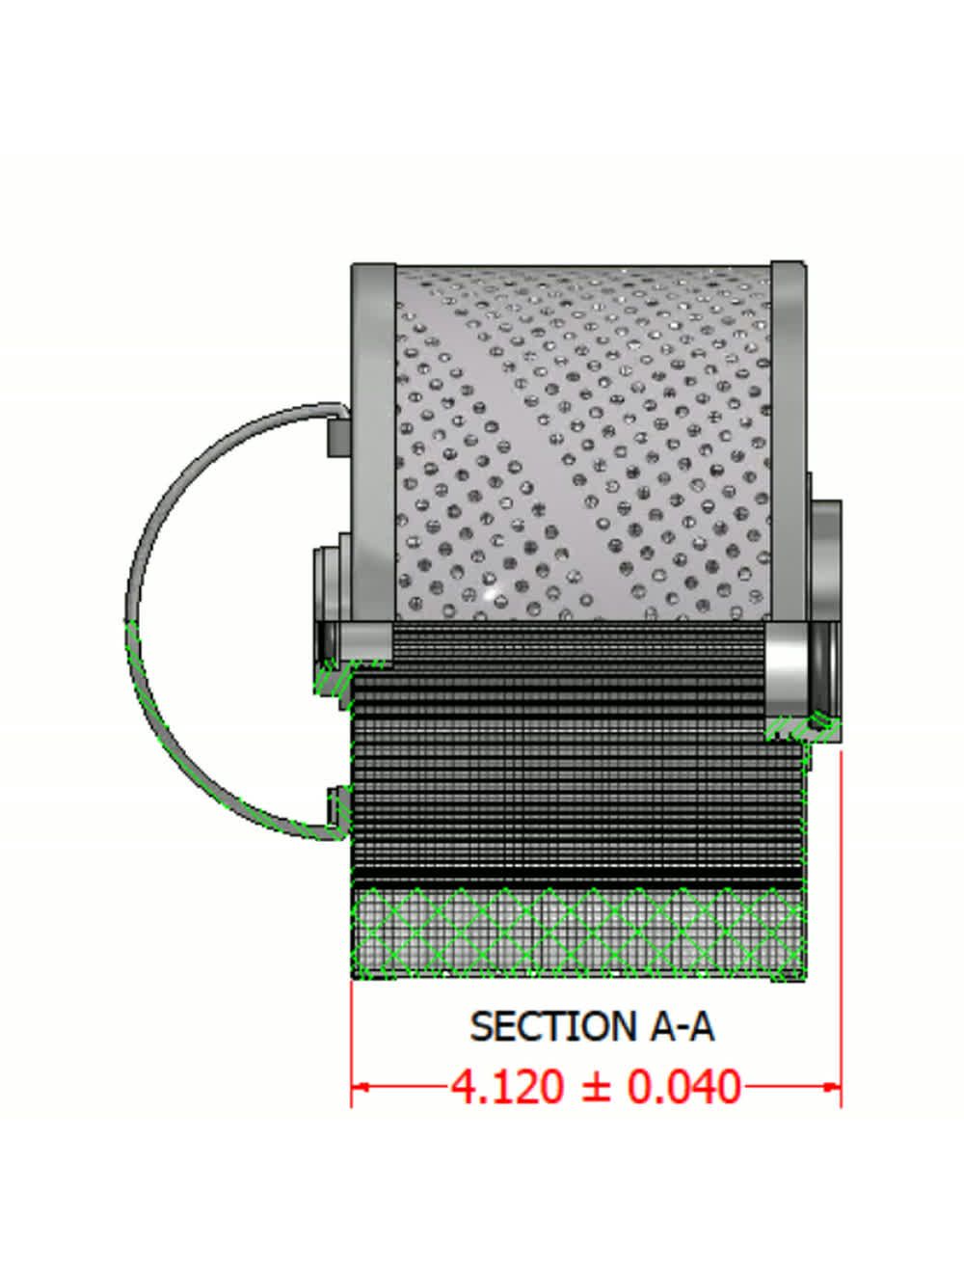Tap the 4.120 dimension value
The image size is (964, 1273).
pyautogui.click(x=507, y=1087)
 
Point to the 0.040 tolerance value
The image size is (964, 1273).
pyautogui.click(x=683, y=1087)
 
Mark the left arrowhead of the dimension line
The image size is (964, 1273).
pyautogui.click(x=360, y=1087)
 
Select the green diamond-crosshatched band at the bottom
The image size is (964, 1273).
pyautogui.click(x=578, y=931)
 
